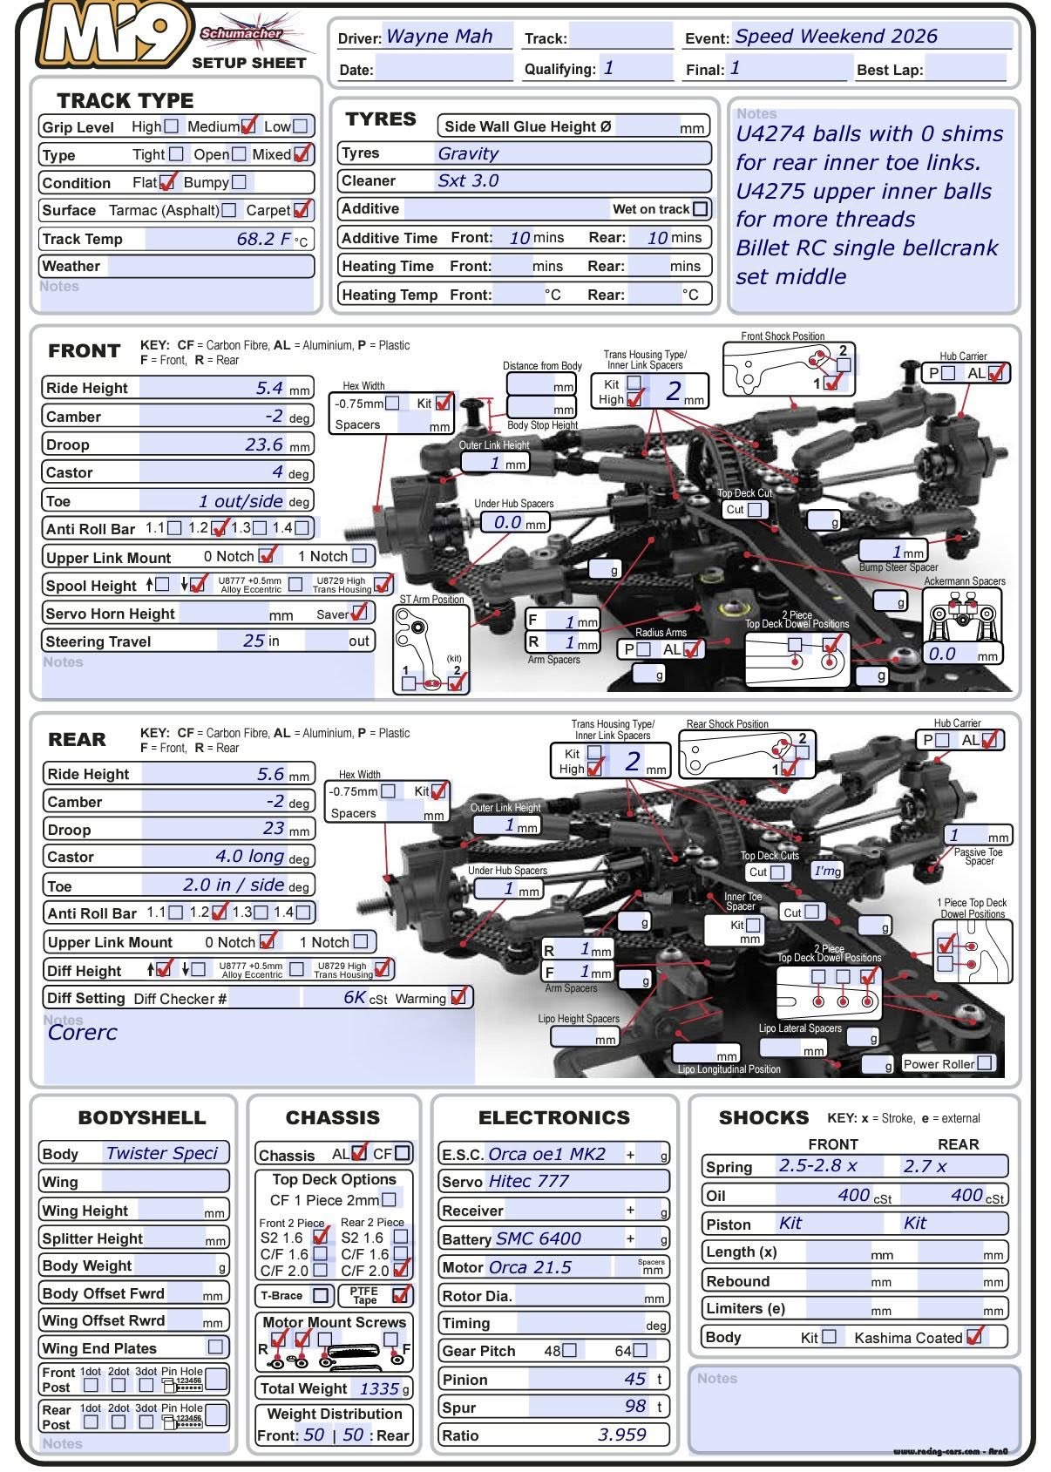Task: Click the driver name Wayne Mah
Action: (439, 37)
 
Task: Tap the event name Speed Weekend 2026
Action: (836, 37)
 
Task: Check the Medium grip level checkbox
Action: (248, 126)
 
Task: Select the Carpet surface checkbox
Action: (302, 210)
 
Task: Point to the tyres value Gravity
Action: (468, 153)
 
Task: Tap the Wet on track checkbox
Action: (700, 209)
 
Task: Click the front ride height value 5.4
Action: (269, 388)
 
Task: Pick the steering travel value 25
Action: (254, 641)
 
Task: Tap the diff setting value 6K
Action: (354, 998)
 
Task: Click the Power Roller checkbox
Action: (984, 1063)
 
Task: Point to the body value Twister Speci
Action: (161, 1153)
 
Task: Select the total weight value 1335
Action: (379, 1388)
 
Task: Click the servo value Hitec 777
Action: (528, 1181)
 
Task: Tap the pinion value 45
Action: (635, 1379)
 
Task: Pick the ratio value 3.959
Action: (621, 1435)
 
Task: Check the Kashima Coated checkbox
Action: (974, 1336)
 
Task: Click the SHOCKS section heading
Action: (763, 1117)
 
